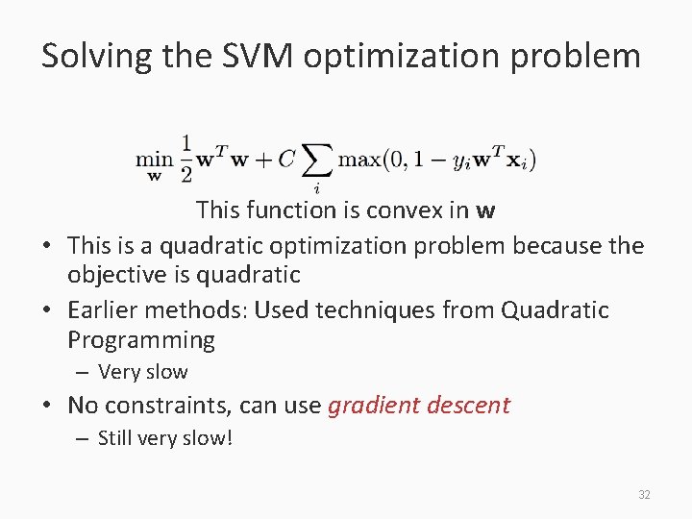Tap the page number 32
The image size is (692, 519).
click(644, 495)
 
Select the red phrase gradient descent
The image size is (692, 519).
click(419, 405)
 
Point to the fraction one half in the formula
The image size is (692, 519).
click(186, 158)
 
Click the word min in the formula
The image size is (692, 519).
click(154, 160)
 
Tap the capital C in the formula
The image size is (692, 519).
click(286, 159)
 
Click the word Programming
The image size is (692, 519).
click(141, 339)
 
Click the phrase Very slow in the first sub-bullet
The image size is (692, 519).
click(143, 372)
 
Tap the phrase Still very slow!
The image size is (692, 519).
click(165, 438)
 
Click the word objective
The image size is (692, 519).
click(114, 274)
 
